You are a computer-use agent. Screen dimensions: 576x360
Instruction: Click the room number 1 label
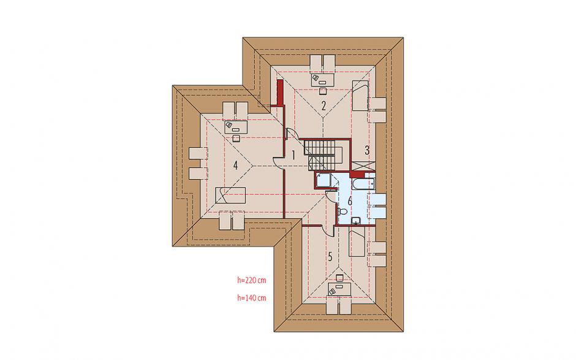coord(293,155)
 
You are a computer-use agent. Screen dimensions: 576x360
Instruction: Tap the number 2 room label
coord(324,106)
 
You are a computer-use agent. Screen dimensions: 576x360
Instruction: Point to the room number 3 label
coord(366,150)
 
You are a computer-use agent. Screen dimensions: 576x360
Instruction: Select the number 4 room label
coord(235,166)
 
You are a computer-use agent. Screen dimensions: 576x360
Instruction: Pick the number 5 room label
coord(330,257)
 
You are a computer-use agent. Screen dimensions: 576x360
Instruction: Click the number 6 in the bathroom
coord(350,201)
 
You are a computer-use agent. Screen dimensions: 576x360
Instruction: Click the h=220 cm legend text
coord(252,280)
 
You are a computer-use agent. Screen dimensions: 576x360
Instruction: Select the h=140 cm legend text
coord(252,298)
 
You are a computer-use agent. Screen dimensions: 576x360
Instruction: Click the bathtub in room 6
coord(363,183)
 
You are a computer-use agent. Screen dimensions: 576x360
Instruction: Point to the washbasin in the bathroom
coord(355,220)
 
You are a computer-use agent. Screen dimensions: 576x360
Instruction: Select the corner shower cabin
coord(322,180)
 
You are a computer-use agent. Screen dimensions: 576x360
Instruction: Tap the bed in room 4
coord(230,195)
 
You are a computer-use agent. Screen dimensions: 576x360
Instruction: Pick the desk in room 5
coord(339,289)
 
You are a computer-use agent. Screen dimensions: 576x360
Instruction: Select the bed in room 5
coord(357,243)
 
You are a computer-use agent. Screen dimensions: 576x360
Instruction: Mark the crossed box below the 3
coord(363,166)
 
